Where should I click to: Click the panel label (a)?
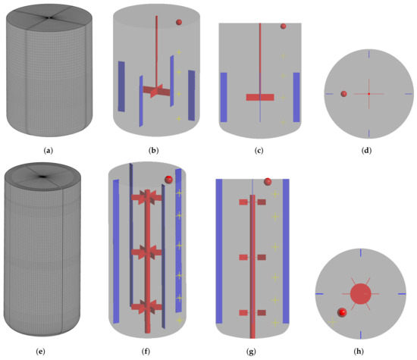49,151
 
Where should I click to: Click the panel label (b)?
154,151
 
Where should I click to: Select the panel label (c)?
259,151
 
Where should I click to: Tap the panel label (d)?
368,151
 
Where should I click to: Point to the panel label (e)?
49,353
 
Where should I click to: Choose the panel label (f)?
154,353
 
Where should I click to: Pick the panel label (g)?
259,353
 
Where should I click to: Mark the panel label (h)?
368,353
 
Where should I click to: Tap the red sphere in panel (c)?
283,27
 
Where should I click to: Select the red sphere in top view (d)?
344,94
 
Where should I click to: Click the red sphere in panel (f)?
168,180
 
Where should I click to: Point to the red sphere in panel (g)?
268,182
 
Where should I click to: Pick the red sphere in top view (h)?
342,312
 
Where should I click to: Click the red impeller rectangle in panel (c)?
259,97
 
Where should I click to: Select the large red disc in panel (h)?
360,292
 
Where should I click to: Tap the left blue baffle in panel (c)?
224,97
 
